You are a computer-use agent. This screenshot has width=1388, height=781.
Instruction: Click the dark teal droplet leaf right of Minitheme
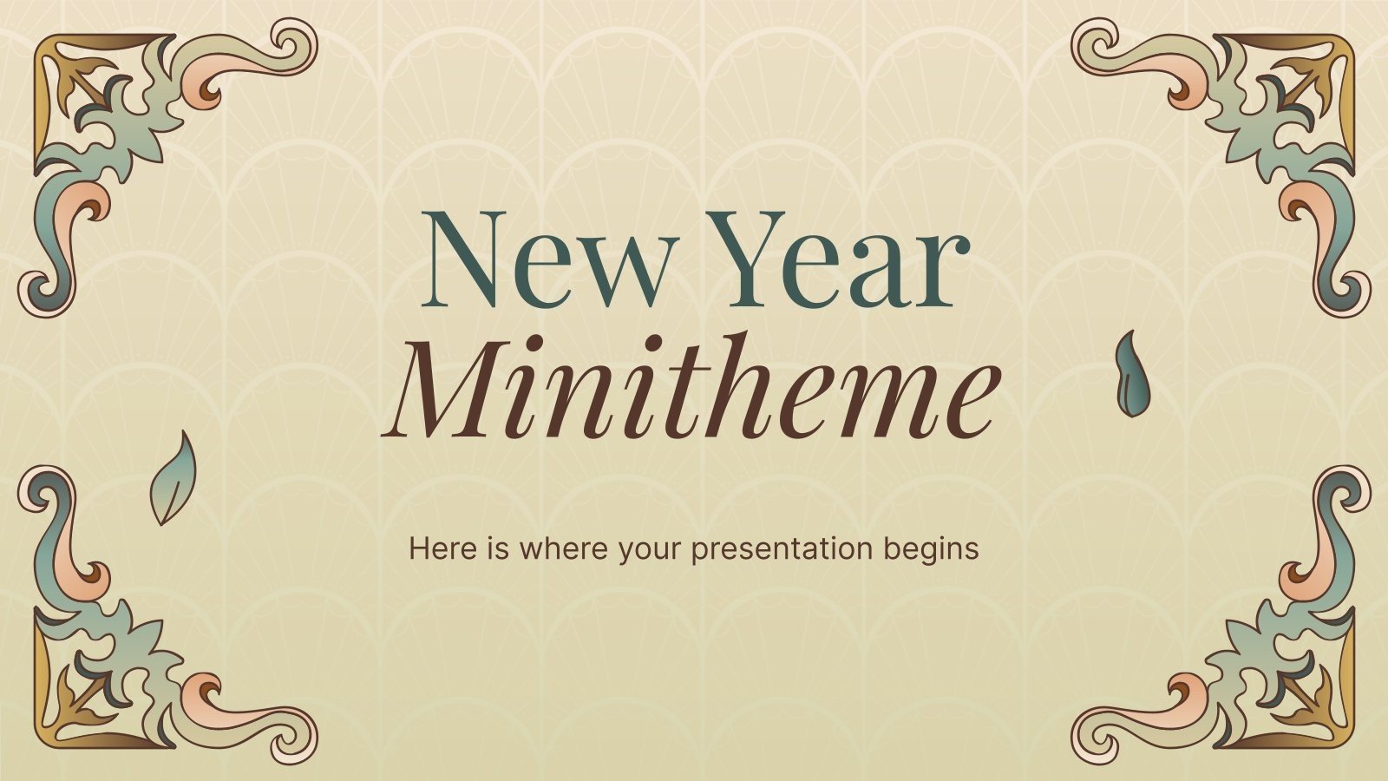point(1128,374)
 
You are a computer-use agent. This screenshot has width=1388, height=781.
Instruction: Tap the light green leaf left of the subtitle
point(173,478)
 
